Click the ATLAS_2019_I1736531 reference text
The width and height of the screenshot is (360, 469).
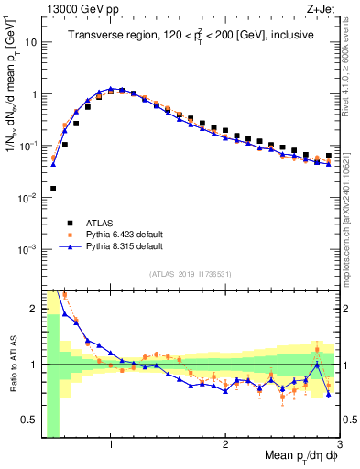[191, 274]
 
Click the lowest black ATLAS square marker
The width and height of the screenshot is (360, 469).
[53, 189]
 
